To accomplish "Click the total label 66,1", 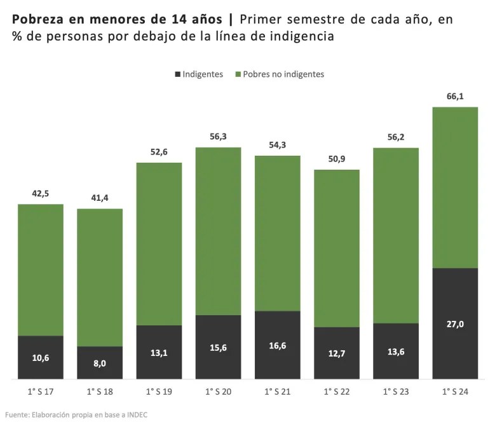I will (x=455, y=96).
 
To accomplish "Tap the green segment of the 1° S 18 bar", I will (x=100, y=277).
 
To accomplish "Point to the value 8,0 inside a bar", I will (x=100, y=364).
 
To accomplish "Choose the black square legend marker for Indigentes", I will (x=177, y=74).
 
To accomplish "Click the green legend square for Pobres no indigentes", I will (x=238, y=74).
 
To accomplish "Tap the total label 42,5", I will (x=41, y=193).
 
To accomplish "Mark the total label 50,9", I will (x=337, y=159).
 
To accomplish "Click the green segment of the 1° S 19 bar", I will (x=159, y=244).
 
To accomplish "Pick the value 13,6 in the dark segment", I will (x=396, y=351).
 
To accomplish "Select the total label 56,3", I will (x=218, y=136).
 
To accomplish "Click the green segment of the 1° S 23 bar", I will (x=396, y=235).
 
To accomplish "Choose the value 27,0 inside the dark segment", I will (x=455, y=324).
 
